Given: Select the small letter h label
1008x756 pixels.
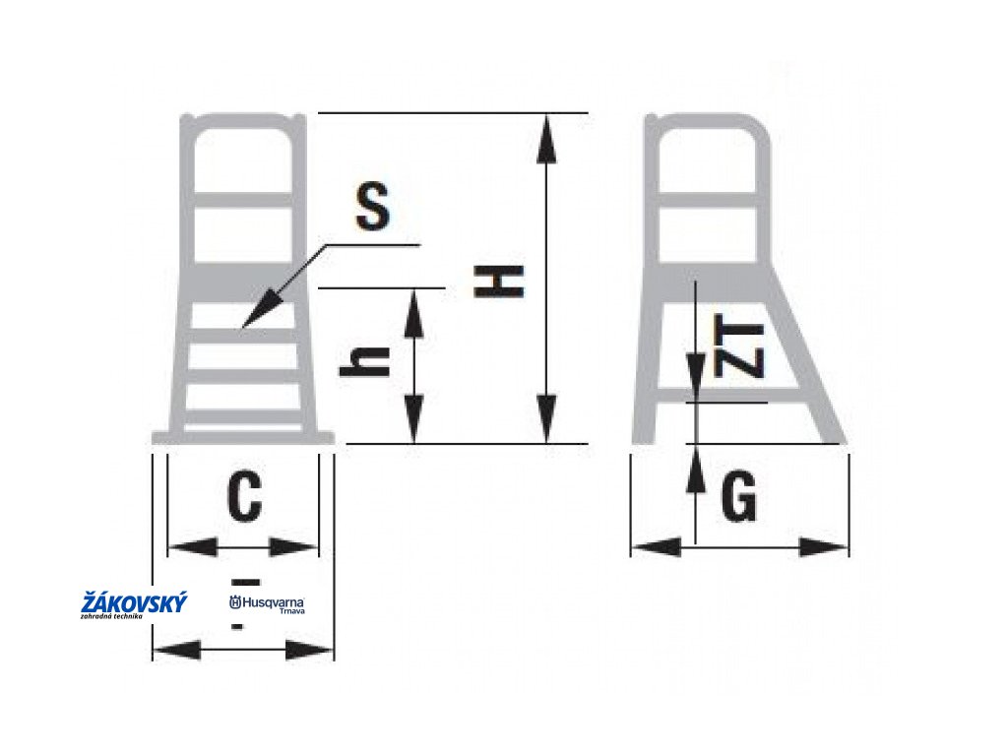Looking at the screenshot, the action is tap(365, 365).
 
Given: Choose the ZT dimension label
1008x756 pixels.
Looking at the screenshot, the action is tap(742, 350).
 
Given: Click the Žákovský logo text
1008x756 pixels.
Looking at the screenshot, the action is tap(133, 603).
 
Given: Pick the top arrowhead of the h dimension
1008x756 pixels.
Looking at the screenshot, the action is tap(415, 307).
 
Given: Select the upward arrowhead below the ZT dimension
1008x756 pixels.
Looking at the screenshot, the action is tap(696, 469).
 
